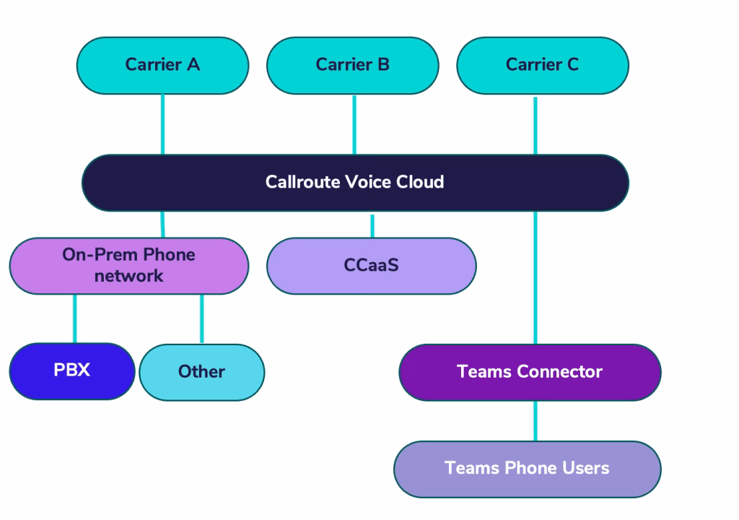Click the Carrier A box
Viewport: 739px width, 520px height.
tap(162, 65)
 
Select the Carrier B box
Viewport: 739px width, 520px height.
tap(352, 65)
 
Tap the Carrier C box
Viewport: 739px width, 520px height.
tap(543, 65)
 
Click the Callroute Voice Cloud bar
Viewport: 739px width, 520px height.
tap(355, 182)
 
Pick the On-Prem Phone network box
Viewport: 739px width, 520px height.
tap(128, 265)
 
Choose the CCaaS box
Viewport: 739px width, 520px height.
tap(371, 265)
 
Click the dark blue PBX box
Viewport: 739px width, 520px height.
tap(72, 370)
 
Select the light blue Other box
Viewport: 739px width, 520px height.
tap(201, 372)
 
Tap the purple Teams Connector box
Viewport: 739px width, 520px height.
tap(530, 372)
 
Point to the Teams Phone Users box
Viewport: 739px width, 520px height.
tap(527, 468)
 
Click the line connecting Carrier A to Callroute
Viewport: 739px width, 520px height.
tap(162, 124)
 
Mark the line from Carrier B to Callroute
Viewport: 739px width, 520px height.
tap(354, 124)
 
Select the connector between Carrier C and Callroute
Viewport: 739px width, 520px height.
tap(535, 124)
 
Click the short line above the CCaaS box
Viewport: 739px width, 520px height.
tap(372, 225)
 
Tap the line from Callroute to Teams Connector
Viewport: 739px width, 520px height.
tap(535, 278)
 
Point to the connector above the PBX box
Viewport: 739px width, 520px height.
tap(74, 318)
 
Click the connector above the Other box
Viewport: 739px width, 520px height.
tap(201, 318)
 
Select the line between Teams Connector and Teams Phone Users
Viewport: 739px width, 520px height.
tap(535, 420)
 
